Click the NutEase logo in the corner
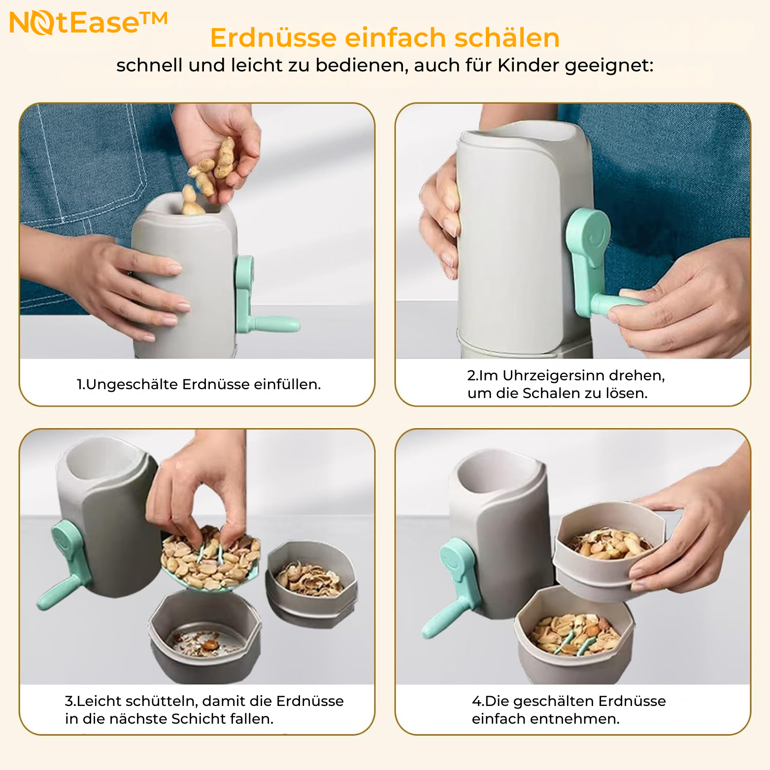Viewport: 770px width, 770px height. point(89,23)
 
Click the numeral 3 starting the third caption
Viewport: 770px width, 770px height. point(69,701)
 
